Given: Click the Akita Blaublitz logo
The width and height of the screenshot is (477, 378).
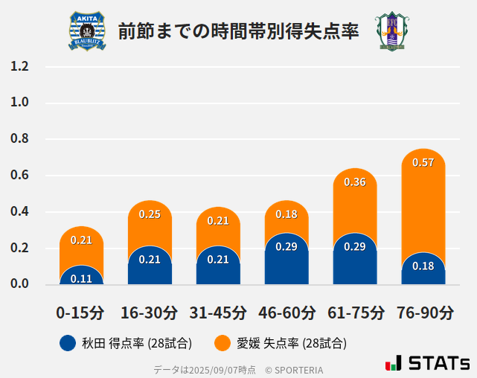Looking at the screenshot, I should pyautogui.click(x=87, y=31).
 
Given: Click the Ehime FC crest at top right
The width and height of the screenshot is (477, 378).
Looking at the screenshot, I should pyautogui.click(x=390, y=31).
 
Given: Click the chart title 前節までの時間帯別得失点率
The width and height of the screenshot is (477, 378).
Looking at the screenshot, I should pyautogui.click(x=238, y=31).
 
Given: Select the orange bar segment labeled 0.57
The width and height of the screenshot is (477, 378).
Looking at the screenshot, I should pyautogui.click(x=423, y=193).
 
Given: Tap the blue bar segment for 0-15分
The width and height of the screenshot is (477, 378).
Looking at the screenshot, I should pyautogui.click(x=81, y=277).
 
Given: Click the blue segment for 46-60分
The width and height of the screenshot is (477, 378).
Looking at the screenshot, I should pyautogui.click(x=286, y=260).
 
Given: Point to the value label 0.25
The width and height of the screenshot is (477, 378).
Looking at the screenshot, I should pyautogui.click(x=150, y=214).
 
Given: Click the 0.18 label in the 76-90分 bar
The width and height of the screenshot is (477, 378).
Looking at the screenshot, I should pyautogui.click(x=423, y=266).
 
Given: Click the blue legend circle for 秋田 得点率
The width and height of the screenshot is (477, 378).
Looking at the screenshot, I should pyautogui.click(x=68, y=343).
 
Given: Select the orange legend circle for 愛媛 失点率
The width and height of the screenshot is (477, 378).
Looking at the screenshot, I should pyautogui.click(x=222, y=343).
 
